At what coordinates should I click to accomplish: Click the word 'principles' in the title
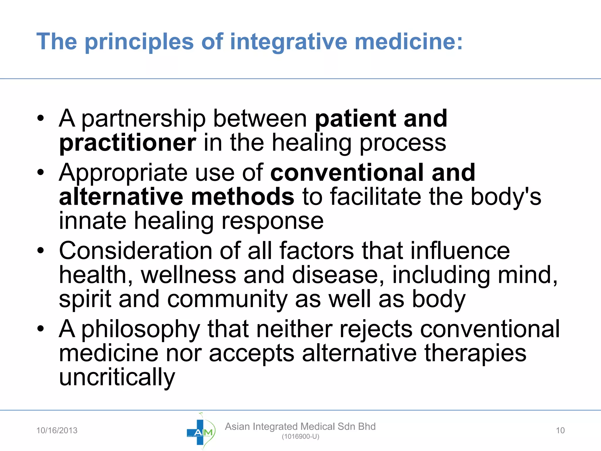[139, 42]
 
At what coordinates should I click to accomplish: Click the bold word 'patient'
[355, 119]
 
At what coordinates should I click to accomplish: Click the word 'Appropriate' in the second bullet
[123, 173]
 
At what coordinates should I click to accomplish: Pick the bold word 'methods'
[242, 196]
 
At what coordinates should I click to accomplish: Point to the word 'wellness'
[188, 275]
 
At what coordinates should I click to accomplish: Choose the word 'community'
[227, 299]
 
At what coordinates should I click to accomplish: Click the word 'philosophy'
[141, 329]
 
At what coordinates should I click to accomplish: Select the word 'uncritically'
[117, 377]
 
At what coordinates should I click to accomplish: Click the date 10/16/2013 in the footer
[57, 430]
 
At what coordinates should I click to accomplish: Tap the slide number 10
[560, 430]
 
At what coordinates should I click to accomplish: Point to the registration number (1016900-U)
[300, 437]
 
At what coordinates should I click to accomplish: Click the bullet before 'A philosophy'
[40, 329]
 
